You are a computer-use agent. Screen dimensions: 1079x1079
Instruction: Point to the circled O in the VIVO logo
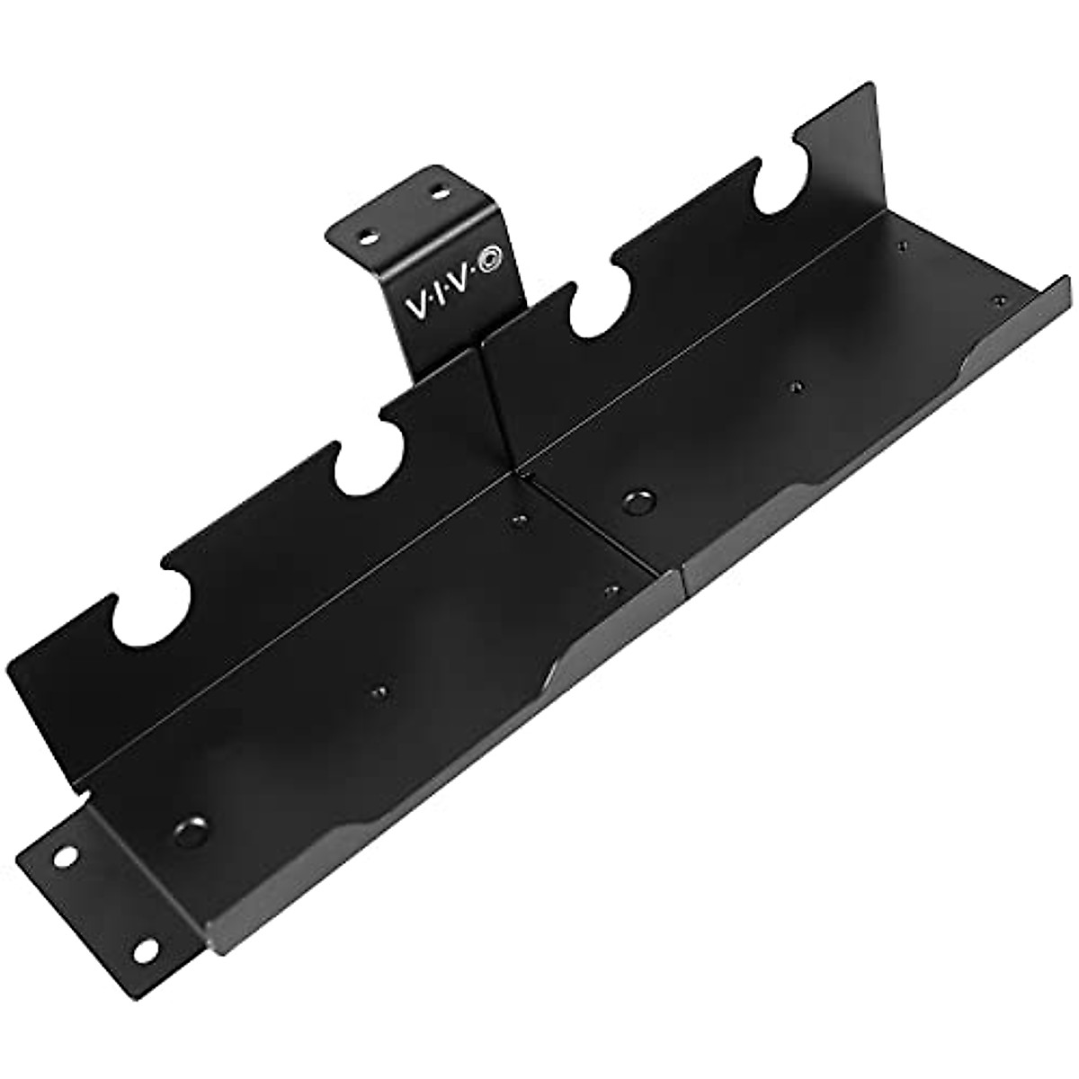click(493, 262)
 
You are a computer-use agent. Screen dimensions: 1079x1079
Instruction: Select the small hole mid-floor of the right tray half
click(795, 387)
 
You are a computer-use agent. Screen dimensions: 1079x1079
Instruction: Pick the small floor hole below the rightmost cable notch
click(900, 244)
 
